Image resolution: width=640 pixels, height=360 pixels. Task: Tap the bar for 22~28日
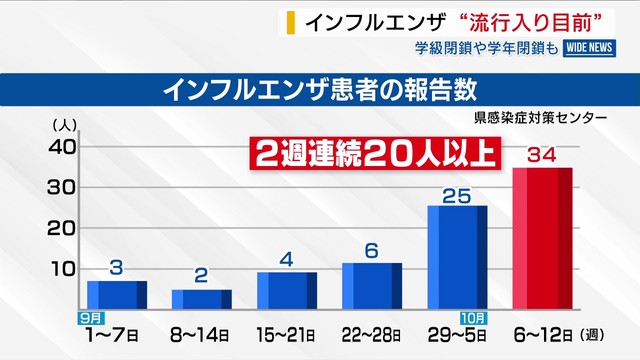372,285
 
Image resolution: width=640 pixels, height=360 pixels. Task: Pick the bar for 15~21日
287,290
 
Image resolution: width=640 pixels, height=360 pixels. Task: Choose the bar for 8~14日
202,298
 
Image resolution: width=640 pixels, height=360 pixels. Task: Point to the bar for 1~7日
117,294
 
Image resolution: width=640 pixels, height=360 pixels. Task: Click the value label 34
541,155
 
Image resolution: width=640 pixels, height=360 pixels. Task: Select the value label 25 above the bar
456,194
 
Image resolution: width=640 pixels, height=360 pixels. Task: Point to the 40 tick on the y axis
62,146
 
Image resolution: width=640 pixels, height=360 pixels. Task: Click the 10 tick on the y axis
62,268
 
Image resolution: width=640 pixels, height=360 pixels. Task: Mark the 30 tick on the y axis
62,187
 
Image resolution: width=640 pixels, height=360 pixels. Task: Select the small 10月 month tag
476,317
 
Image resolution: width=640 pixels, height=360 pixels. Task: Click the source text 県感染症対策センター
541,117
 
